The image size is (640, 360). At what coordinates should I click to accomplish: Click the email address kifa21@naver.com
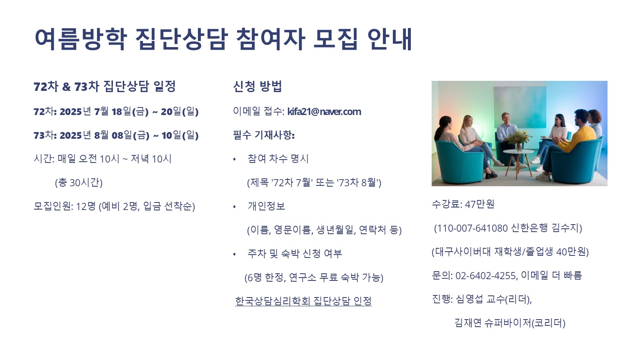pyautogui.click(x=324, y=112)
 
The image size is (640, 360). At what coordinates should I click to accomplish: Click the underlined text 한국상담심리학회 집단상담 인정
pyautogui.click(x=303, y=301)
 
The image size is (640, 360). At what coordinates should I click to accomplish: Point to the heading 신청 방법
pyautogui.click(x=257, y=86)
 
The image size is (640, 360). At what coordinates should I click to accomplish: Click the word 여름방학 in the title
pyautogui.click(x=80, y=40)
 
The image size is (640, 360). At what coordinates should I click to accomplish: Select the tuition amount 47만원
pyautogui.click(x=480, y=204)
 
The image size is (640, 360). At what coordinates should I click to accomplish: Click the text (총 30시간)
pyautogui.click(x=79, y=182)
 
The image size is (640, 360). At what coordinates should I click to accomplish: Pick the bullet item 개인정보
pyautogui.click(x=266, y=206)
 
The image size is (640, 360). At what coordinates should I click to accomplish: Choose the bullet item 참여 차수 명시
pyautogui.click(x=278, y=159)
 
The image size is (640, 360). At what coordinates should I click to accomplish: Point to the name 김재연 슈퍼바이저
pyautogui.click(x=492, y=323)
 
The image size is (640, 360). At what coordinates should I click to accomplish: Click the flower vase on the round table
pyautogui.click(x=518, y=141)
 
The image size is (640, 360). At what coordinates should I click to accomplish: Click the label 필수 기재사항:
pyautogui.click(x=264, y=135)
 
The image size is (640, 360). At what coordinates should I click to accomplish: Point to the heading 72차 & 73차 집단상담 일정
pyautogui.click(x=105, y=87)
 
